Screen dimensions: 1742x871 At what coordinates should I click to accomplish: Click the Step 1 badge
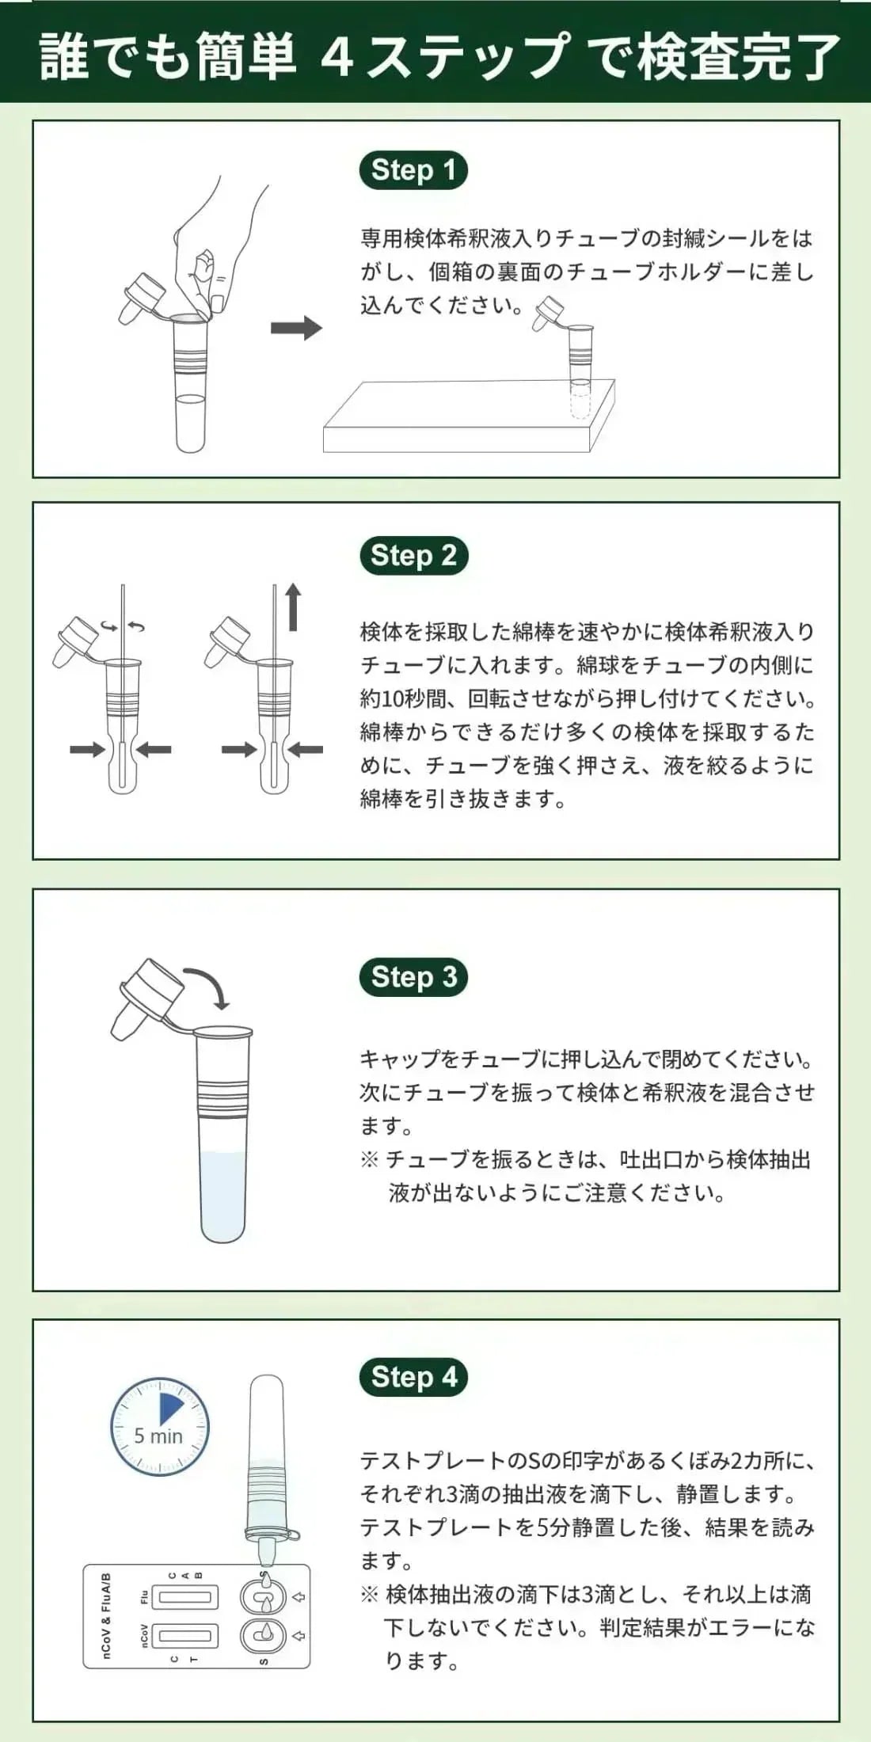[413, 170]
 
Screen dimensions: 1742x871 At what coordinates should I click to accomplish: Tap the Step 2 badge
[413, 555]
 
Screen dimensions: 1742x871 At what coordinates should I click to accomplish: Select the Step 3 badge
[413, 977]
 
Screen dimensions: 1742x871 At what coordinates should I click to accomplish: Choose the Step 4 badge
[413, 1376]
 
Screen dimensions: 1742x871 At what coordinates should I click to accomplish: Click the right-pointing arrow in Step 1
[296, 328]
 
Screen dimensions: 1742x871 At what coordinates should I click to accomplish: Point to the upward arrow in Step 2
[293, 607]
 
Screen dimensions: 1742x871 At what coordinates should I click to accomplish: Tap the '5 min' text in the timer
[158, 1436]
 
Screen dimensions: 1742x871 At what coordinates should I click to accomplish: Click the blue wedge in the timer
[170, 1409]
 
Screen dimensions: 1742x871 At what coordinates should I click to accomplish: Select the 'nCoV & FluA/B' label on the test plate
[106, 1616]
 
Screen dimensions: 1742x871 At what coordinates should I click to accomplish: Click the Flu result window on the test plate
[185, 1598]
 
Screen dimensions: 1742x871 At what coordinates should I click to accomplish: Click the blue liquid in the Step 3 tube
[223, 1196]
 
